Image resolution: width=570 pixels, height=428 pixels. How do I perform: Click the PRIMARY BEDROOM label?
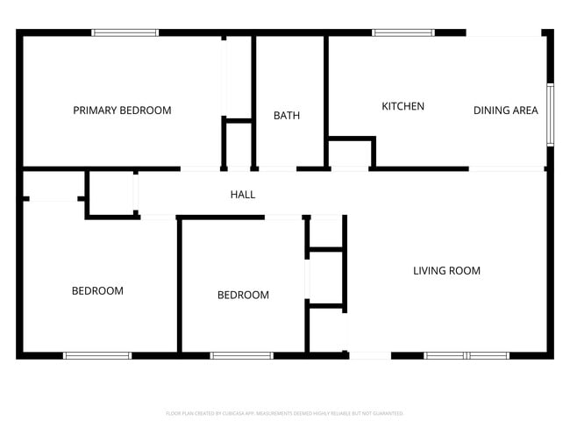(x=122, y=111)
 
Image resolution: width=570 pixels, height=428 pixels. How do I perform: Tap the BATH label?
(x=287, y=115)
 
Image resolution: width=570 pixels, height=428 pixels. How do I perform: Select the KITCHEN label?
(x=403, y=106)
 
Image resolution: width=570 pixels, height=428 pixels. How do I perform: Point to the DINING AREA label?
(x=505, y=111)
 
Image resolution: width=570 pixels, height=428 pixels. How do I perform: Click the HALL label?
(x=243, y=194)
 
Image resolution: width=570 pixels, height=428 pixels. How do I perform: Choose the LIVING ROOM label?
(x=446, y=270)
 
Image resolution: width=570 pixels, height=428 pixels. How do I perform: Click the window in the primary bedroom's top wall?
(x=125, y=33)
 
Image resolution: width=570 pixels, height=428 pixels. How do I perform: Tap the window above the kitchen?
(x=403, y=33)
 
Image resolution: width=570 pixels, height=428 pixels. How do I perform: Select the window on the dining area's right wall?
(x=550, y=114)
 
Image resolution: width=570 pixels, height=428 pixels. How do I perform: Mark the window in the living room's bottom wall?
(x=467, y=355)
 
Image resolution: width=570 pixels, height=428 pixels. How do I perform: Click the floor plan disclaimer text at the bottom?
(x=284, y=412)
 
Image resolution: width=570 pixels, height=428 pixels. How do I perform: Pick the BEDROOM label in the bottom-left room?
(x=97, y=290)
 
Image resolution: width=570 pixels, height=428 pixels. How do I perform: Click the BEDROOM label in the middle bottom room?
(x=243, y=295)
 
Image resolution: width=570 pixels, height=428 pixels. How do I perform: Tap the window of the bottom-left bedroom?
(x=96, y=355)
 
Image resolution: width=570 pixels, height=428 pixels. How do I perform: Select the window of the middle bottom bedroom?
(x=241, y=355)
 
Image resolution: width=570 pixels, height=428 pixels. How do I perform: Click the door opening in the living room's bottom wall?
(x=369, y=355)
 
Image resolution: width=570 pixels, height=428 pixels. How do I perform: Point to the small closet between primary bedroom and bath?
(x=239, y=142)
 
